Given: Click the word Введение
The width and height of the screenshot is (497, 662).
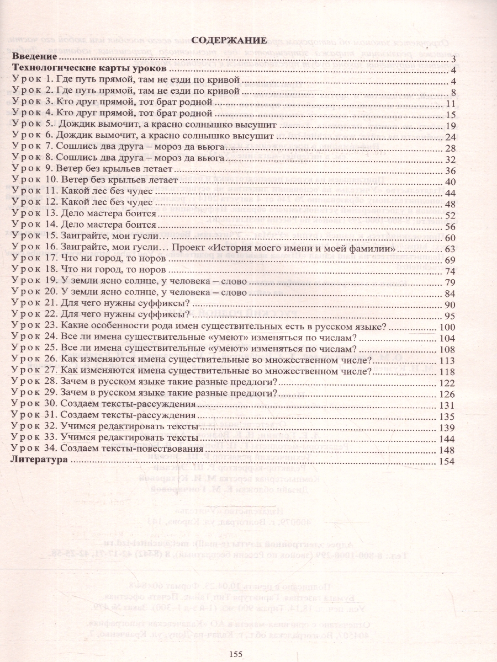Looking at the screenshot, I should click(x=34, y=57).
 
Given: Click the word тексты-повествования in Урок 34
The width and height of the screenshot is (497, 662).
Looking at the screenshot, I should click(x=157, y=450).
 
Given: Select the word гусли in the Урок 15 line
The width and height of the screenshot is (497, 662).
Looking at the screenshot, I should click(x=148, y=237).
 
